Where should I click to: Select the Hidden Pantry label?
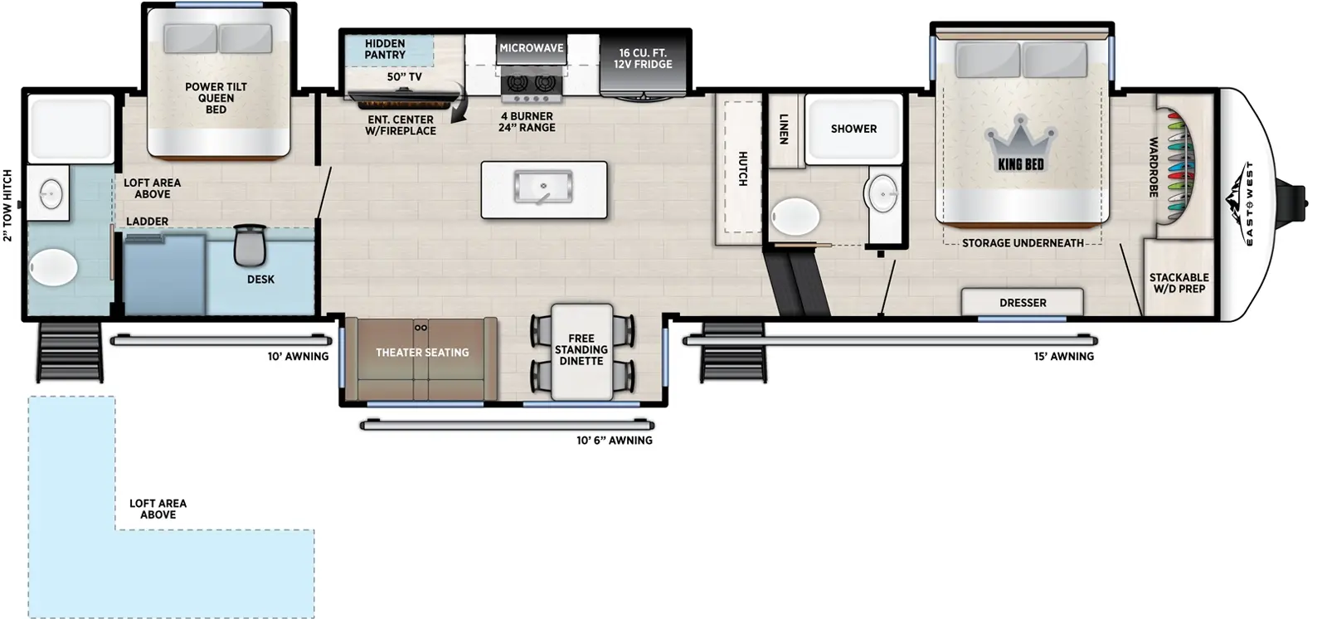[385, 49]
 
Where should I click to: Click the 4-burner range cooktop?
[532, 83]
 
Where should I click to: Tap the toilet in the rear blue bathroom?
[54, 268]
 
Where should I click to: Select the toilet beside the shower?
[795, 217]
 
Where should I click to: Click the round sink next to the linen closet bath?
[881, 193]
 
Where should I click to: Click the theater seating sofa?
[421, 357]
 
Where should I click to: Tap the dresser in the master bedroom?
[1022, 302]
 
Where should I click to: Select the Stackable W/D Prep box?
[1179, 282]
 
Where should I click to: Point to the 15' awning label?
[1063, 356]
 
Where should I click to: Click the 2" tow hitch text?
[8, 206]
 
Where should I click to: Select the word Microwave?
[531, 48]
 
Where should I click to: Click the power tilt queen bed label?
[216, 98]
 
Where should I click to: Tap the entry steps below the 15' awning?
[732, 358]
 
